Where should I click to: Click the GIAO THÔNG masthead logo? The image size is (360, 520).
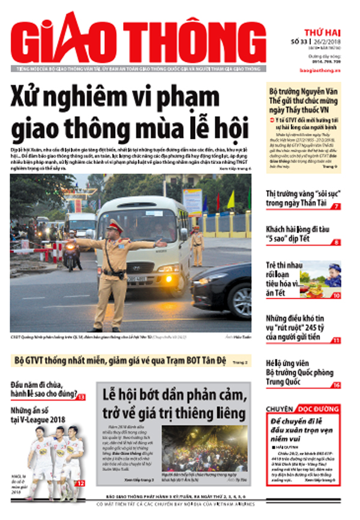click(138, 39)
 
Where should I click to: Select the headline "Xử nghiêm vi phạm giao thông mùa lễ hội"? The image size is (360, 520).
click(130, 113)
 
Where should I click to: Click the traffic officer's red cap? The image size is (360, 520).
click(113, 226)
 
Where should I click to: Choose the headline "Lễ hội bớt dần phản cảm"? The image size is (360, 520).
click(173, 404)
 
